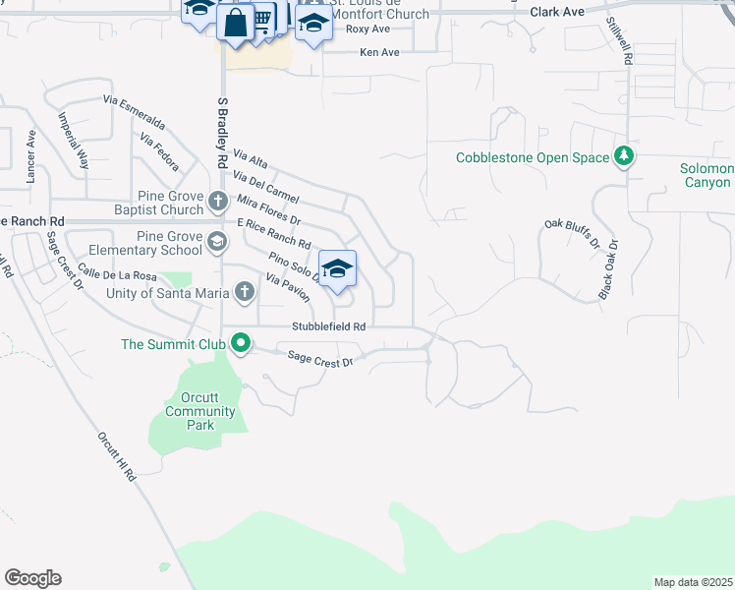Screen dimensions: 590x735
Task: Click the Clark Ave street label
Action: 557,12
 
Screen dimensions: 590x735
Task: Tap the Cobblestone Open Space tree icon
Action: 623,156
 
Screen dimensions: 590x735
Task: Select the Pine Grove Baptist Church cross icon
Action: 219,204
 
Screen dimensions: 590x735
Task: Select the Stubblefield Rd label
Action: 328,326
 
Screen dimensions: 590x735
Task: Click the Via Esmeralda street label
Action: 134,113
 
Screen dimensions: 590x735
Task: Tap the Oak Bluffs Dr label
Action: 571,234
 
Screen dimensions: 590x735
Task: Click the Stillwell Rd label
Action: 618,40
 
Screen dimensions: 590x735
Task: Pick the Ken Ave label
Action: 379,52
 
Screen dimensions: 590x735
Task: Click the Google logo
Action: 32,578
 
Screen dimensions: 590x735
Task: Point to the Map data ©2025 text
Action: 693,582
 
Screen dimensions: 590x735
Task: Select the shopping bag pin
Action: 236,22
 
